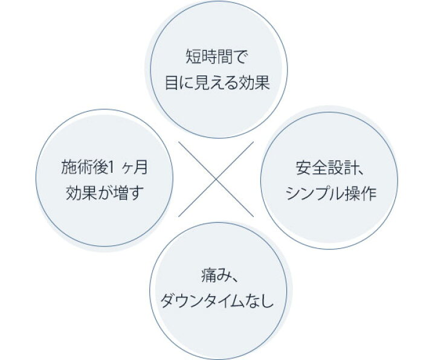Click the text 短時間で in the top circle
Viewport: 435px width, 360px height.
click(216, 57)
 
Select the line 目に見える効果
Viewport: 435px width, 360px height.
click(217, 82)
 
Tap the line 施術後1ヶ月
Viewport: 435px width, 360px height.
click(104, 168)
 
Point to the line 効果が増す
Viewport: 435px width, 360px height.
click(105, 193)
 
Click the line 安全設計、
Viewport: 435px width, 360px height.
click(329, 168)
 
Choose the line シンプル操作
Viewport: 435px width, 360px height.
click(330, 193)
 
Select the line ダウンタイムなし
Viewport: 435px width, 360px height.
click(217, 301)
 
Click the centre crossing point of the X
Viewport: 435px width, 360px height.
click(216, 179)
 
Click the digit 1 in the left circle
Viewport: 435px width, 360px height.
click(111, 168)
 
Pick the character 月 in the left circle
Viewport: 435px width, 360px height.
click(140, 168)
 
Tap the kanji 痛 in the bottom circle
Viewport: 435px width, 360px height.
click(208, 276)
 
